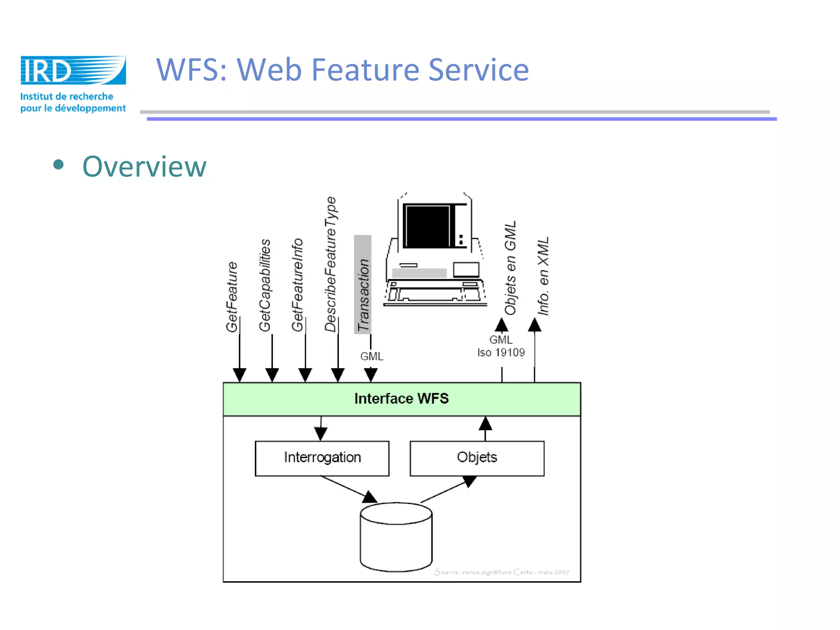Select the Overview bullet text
coord(144,167)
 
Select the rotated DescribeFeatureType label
coord(331,264)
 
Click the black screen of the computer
coord(428,226)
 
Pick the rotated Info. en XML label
coord(543,276)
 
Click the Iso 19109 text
coord(501,352)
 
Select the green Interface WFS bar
coord(402,399)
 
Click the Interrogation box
coord(322,458)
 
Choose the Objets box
coord(477,458)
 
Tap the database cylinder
coord(396,537)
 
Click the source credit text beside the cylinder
coord(501,572)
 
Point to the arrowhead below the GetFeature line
coord(240,374)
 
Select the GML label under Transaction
coord(372,356)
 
